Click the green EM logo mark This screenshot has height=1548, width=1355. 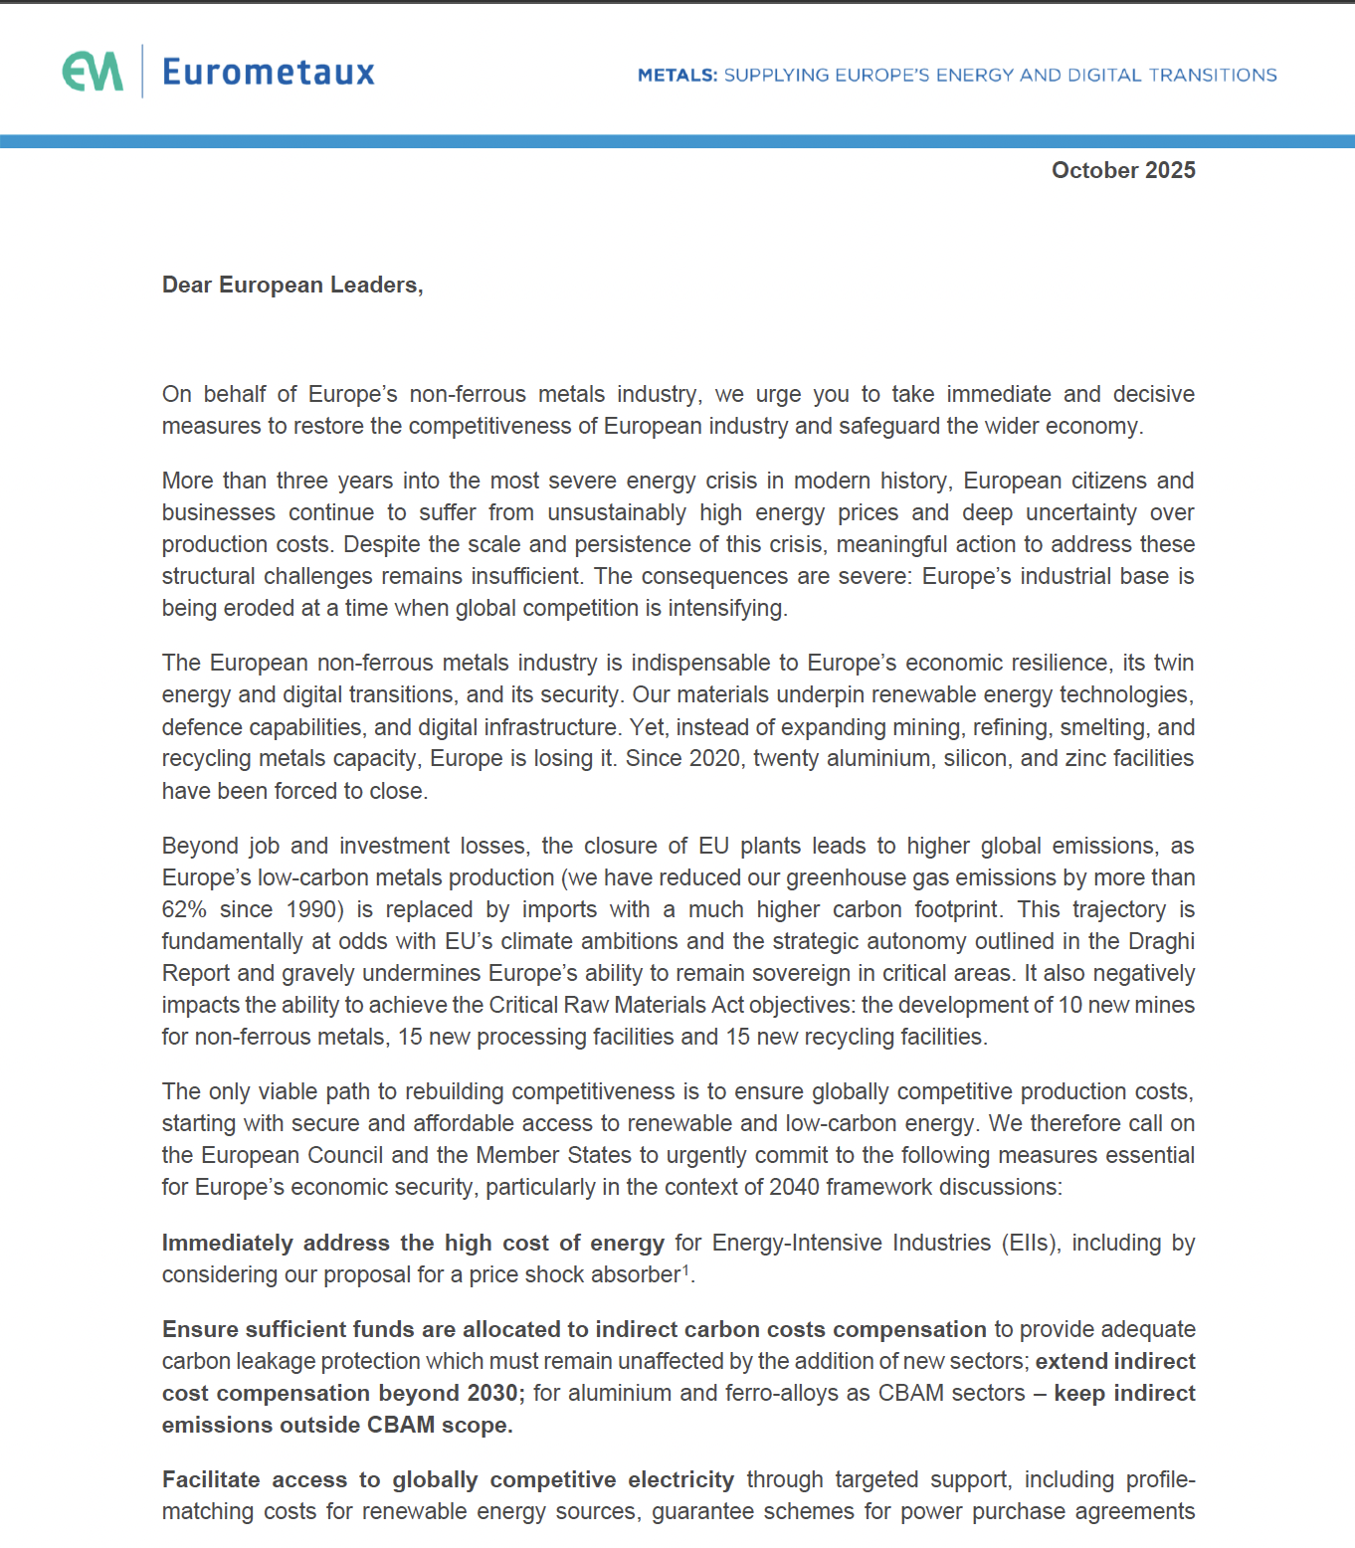[93, 72]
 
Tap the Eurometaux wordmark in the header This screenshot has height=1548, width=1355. [268, 72]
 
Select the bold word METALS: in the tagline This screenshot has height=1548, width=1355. [677, 75]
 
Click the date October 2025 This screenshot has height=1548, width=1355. [1123, 170]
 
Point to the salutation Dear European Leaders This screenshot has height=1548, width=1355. [292, 285]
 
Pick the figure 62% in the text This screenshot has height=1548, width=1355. [184, 909]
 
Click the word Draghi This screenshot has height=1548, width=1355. [1161, 941]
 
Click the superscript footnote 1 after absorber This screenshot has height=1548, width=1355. [685, 1269]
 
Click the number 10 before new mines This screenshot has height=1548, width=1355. [1069, 1005]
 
